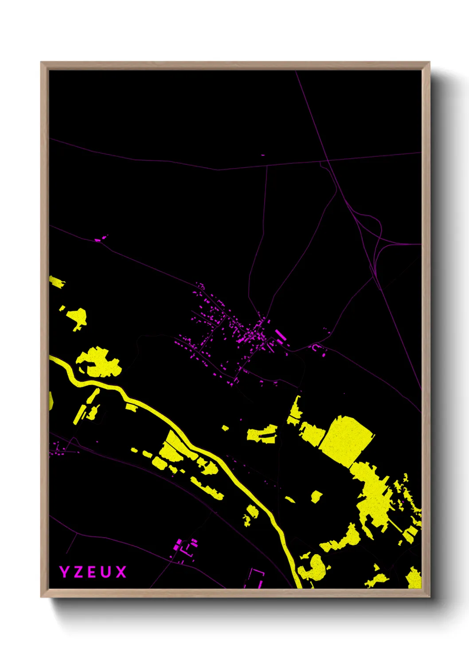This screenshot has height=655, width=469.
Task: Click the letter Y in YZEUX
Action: [x=64, y=572]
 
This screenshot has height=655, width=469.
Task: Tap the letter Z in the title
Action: [x=78, y=572]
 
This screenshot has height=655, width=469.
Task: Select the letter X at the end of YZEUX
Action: [x=121, y=572]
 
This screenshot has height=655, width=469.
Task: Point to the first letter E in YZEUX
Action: [x=92, y=572]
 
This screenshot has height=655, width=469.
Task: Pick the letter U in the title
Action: [x=106, y=572]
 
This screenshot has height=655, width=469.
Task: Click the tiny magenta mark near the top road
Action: [x=263, y=155]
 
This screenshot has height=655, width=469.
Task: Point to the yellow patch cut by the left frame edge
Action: [x=51, y=401]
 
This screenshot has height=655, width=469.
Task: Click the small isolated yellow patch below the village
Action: [x=226, y=428]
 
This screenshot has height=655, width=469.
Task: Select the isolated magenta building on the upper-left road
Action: [x=98, y=240]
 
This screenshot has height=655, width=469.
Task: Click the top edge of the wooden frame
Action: [x=235, y=65]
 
